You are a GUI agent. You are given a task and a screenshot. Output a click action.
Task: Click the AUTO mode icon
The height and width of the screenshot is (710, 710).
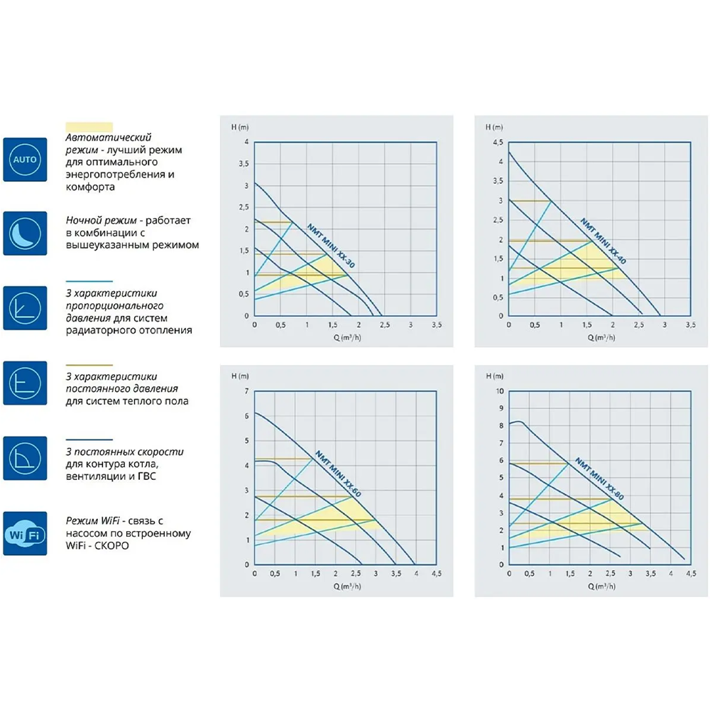click(x=25, y=159)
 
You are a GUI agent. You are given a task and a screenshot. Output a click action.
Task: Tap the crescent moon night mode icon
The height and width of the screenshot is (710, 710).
click(x=25, y=233)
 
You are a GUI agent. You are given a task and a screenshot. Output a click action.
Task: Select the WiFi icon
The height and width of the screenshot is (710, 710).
click(x=25, y=533)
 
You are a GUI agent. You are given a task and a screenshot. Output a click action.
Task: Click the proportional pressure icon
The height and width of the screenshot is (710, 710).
click(x=25, y=308)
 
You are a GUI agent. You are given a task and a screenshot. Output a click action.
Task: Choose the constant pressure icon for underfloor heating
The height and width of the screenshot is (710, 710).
click(x=25, y=383)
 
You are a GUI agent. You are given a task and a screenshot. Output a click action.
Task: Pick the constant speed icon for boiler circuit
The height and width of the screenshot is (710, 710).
click(x=25, y=458)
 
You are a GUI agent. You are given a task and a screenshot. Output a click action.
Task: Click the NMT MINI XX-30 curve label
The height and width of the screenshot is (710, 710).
click(x=331, y=246)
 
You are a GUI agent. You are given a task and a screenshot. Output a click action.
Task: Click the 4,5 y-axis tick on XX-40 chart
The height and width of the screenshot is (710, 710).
click(x=496, y=142)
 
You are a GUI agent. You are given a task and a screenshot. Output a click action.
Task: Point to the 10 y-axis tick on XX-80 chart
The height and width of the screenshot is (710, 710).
click(x=498, y=391)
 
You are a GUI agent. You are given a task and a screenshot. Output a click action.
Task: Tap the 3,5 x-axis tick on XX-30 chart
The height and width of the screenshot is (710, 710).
click(x=437, y=324)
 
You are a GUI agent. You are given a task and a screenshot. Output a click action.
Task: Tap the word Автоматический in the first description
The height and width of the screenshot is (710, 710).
click(x=109, y=137)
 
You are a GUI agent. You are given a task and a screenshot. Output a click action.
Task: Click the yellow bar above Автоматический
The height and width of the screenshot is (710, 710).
click(x=89, y=125)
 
